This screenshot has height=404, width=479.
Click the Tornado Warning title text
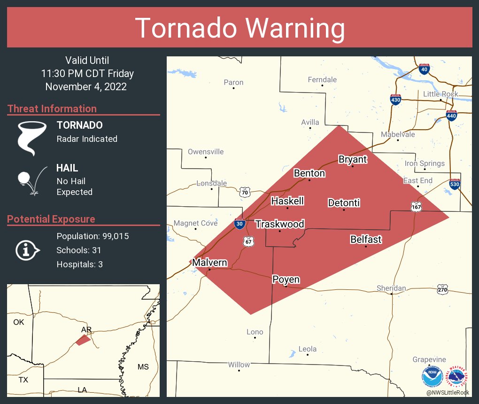(x=240, y=28)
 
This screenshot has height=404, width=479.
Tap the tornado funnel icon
(x=32, y=138)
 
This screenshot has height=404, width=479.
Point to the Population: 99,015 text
(x=93, y=236)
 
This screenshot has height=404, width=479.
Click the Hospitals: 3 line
(x=79, y=264)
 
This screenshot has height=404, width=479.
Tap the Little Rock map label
(x=440, y=94)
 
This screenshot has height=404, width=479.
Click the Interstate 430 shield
(x=395, y=100)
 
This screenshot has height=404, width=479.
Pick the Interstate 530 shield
(x=454, y=185)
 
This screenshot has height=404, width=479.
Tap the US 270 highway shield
(x=442, y=290)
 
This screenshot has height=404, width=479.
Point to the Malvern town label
(x=209, y=263)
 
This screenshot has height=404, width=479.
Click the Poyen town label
(x=286, y=280)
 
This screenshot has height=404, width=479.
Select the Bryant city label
(x=352, y=159)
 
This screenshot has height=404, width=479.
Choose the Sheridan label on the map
(x=391, y=288)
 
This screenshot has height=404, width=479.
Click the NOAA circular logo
(x=432, y=377)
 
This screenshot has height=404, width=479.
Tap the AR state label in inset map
(x=86, y=329)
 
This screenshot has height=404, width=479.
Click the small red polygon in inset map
(x=83, y=340)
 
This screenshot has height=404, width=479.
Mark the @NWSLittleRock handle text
(x=447, y=392)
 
